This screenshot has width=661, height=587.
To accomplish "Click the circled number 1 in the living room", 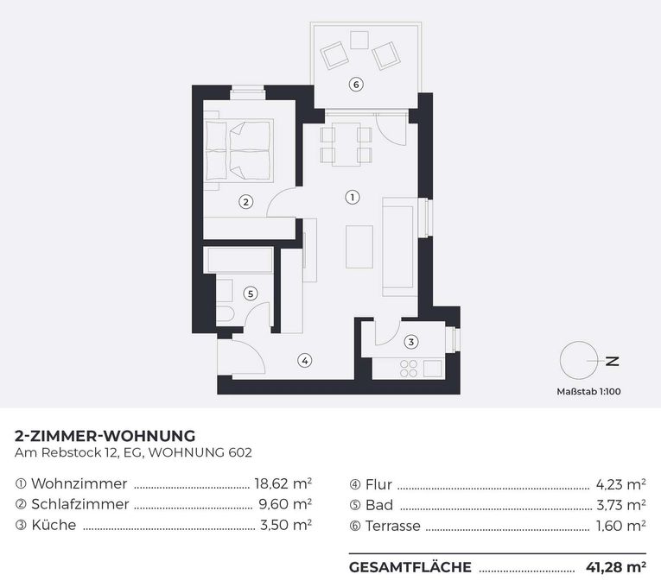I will tap(351, 197).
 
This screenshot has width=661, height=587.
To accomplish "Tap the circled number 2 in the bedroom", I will tap(245, 203).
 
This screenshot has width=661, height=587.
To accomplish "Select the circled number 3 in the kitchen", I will tap(411, 342).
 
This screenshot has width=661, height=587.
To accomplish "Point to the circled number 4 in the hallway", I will tap(304, 360).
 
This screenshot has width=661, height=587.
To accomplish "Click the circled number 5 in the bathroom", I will tap(250, 293).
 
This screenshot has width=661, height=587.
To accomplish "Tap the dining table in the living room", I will tap(346, 144).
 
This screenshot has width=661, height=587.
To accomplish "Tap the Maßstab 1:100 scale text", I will tap(588, 392).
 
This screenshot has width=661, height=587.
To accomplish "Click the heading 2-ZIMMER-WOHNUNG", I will tap(105, 435).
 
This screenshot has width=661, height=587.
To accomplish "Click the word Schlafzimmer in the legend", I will tap(79, 504).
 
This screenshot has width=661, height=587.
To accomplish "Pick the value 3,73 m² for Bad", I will tap(620, 504).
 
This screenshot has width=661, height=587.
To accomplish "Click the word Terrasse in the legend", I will tap(392, 525).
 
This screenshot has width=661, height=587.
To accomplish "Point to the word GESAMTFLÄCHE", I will tap(410, 567).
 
